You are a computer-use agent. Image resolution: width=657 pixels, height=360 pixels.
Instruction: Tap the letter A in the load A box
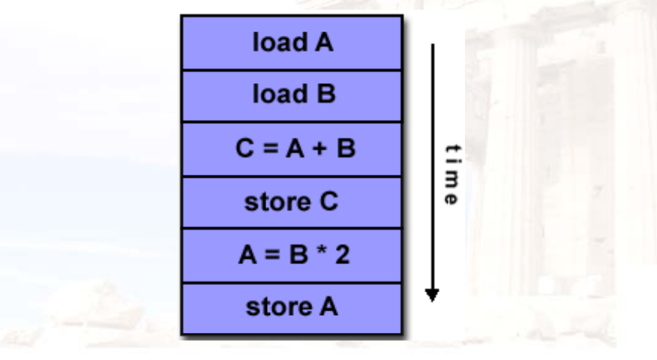[324, 43]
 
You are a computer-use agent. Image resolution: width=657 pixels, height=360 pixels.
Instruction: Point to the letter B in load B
[324, 96]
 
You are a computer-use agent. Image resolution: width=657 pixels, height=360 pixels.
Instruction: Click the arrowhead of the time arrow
[431, 293]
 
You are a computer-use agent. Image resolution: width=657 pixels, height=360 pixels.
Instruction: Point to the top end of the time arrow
[431, 45]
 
